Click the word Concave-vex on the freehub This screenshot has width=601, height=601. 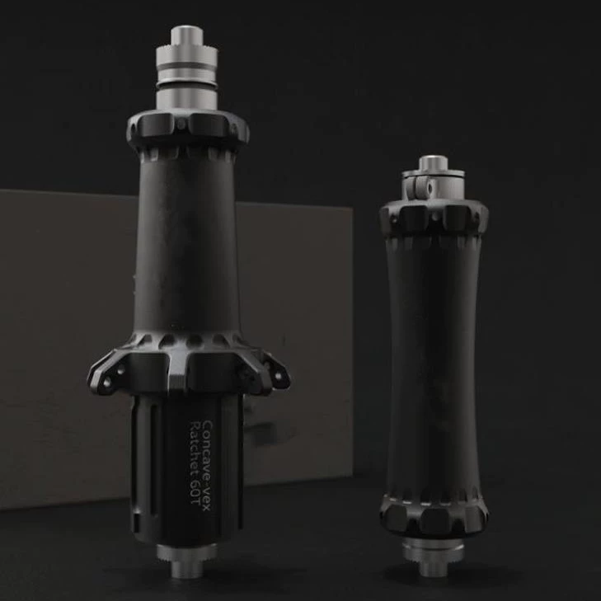click(207, 465)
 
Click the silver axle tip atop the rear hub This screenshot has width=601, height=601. click(186, 35)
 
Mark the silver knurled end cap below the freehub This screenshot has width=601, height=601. click(186, 552)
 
